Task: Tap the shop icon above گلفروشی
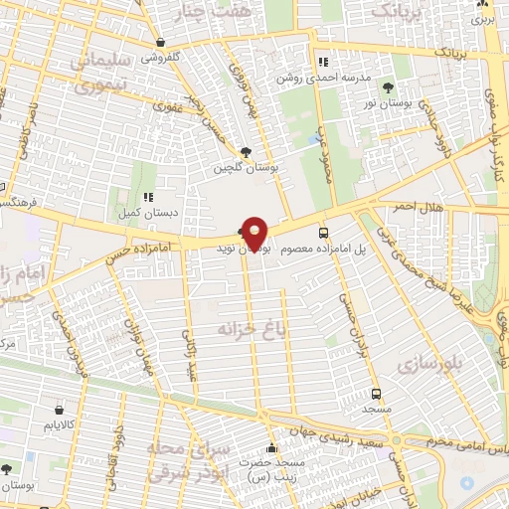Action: point(161,43)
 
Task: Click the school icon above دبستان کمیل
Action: point(148,198)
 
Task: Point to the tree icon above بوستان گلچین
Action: point(245,152)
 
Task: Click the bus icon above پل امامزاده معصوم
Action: point(322,232)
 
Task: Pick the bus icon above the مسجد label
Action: point(375,393)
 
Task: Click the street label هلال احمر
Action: point(422,204)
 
